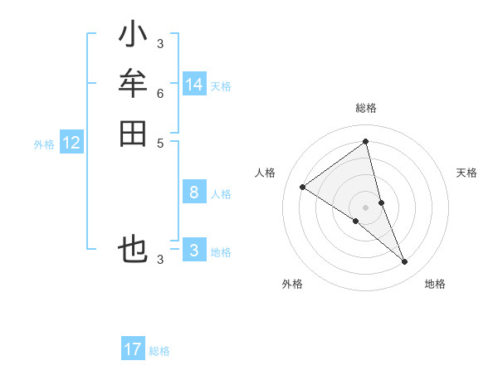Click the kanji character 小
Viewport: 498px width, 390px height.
(133, 36)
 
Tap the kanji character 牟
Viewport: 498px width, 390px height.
(133, 84)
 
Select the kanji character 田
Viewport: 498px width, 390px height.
(133, 133)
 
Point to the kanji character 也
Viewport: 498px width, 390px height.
(133, 249)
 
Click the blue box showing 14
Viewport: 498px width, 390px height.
(194, 85)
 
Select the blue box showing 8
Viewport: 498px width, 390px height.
(194, 193)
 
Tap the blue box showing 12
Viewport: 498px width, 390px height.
(71, 143)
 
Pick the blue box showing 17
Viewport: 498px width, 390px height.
(133, 349)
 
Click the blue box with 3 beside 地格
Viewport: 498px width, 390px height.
(194, 251)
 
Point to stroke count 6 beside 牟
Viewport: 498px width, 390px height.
(160, 94)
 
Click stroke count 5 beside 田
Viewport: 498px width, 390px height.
(160, 142)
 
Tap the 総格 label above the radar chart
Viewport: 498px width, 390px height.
(366, 108)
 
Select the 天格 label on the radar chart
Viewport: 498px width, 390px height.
(467, 173)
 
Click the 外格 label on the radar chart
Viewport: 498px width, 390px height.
(292, 284)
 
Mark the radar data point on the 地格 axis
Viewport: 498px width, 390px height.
(405, 262)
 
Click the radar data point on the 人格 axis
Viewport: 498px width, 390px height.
(302, 187)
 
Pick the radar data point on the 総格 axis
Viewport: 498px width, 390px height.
(366, 142)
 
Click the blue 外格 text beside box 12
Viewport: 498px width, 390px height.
(44, 144)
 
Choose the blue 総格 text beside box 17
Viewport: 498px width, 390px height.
(159, 351)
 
